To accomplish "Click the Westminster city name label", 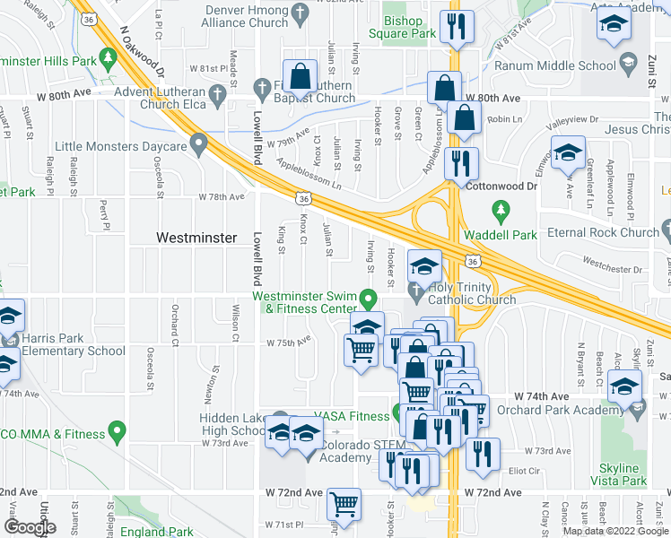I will [196, 238].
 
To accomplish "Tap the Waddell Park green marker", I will [501, 213].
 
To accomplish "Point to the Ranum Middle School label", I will [567, 65].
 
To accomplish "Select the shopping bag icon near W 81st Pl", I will [301, 75].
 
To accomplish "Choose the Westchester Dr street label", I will [588, 265].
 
